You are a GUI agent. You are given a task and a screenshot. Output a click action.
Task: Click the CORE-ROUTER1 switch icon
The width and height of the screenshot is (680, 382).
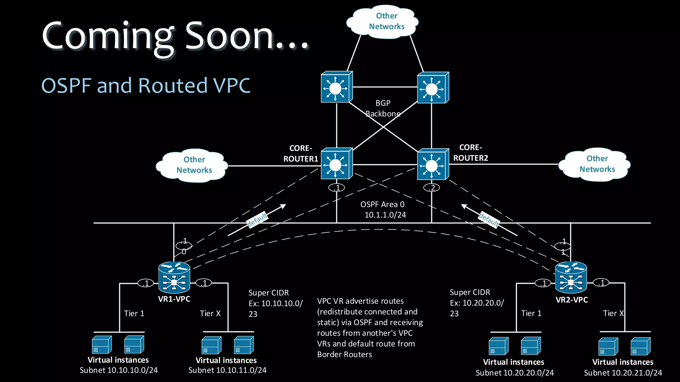click(x=336, y=164)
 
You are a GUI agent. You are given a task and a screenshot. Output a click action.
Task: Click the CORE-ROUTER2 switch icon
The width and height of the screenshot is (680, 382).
click(x=432, y=164)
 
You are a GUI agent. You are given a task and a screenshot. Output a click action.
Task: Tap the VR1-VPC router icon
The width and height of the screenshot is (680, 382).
click(x=174, y=278)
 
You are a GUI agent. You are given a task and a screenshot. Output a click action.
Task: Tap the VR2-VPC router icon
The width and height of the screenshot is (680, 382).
click(x=571, y=278)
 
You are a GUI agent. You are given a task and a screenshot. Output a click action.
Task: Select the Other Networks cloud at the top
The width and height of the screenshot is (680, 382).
click(x=382, y=21)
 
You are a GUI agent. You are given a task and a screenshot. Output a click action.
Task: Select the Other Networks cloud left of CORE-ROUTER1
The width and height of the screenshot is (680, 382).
click(x=193, y=165)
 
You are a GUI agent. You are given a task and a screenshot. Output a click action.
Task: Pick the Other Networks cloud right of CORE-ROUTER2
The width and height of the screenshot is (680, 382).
click(x=595, y=164)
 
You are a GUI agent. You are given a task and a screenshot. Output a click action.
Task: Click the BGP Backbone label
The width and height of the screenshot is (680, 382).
click(x=383, y=108)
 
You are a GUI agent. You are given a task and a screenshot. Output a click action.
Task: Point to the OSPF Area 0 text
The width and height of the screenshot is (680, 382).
click(x=382, y=205)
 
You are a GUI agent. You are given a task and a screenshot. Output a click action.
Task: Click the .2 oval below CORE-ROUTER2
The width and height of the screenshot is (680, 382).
click(x=432, y=188)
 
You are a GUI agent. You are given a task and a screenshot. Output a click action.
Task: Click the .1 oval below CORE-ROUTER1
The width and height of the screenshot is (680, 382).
click(x=337, y=188)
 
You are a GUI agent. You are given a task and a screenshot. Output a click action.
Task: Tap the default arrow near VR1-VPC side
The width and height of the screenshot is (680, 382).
click(x=257, y=220)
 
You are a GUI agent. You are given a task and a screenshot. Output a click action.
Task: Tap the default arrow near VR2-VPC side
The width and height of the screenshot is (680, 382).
click(x=489, y=220)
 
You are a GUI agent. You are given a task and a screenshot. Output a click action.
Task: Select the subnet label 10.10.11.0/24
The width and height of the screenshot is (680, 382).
click(x=227, y=370)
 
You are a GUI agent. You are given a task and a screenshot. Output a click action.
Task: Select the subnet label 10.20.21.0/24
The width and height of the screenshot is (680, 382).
click(x=623, y=373)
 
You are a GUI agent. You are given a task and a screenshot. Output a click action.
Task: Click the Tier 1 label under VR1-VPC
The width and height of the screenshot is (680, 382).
click(x=134, y=314)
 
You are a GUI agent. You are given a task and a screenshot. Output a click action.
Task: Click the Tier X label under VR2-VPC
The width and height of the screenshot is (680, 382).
click(x=613, y=313)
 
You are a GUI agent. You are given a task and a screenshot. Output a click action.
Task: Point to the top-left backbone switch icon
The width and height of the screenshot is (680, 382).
click(x=336, y=88)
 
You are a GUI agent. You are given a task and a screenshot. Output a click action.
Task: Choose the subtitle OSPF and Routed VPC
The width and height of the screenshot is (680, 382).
click(x=146, y=86)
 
